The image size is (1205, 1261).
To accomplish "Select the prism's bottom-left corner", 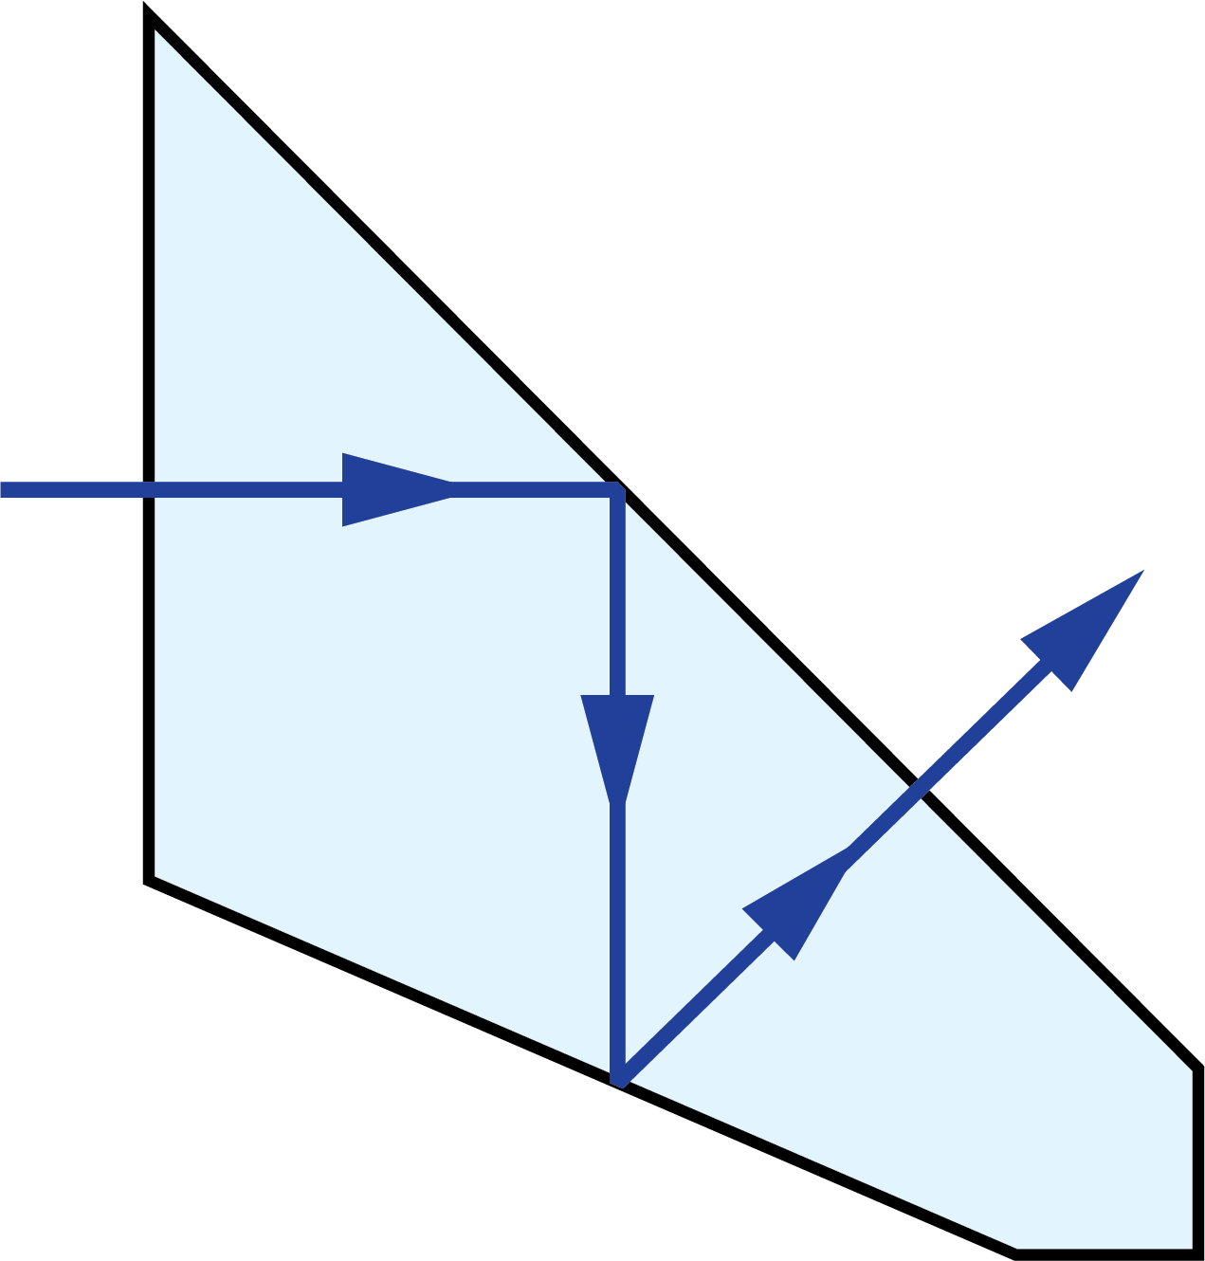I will [149, 880].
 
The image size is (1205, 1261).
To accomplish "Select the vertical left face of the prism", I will [149, 284].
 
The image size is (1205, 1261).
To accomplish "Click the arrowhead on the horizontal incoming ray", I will [389, 489].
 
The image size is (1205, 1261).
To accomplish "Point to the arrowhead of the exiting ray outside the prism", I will [1090, 622].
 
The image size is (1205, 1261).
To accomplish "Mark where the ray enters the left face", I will [149, 489].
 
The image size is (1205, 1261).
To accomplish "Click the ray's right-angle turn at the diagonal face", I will [617, 489].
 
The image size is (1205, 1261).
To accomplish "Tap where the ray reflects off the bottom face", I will [618, 1081].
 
